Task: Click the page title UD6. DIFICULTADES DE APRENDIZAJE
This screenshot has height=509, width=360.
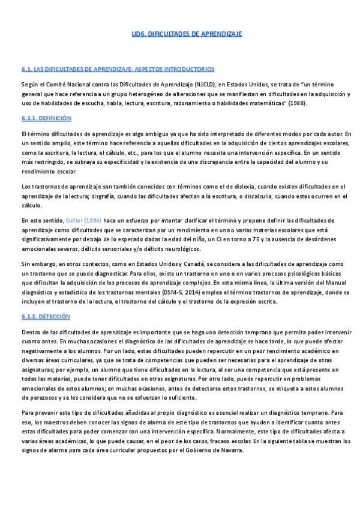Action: point(187,34)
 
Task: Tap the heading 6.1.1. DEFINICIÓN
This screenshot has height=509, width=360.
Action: point(46,118)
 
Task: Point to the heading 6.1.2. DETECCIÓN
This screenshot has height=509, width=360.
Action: point(45,316)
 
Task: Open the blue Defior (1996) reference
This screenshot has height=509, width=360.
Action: point(84,221)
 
